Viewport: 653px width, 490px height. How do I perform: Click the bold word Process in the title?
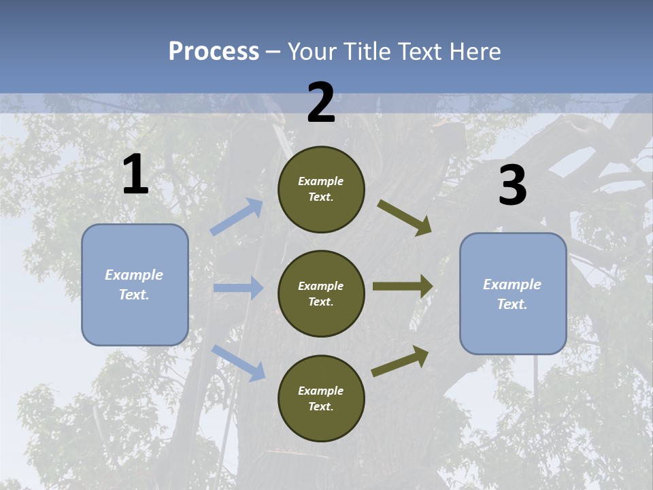(x=214, y=52)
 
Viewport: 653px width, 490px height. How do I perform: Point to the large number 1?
(x=135, y=175)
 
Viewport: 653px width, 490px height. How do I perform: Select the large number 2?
(x=321, y=103)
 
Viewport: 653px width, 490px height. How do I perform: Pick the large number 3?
(x=512, y=186)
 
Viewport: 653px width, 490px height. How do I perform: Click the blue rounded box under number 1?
(x=135, y=284)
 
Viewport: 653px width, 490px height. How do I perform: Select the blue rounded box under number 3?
(x=513, y=293)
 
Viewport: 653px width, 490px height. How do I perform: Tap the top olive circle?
(x=321, y=189)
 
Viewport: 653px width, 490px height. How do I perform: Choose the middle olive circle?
(x=321, y=293)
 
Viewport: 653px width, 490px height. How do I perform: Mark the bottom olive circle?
(x=321, y=398)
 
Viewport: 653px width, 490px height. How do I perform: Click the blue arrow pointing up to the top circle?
(x=237, y=217)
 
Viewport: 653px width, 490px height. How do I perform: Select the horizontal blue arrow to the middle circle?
(x=238, y=288)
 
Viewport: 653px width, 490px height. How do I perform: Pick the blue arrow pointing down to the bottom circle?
(x=238, y=362)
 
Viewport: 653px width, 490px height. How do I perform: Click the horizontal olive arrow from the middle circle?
(x=403, y=287)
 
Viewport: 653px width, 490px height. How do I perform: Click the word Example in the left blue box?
(x=134, y=275)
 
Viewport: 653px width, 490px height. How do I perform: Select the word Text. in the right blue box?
(x=512, y=304)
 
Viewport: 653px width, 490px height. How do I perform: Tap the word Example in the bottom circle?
(x=320, y=391)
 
